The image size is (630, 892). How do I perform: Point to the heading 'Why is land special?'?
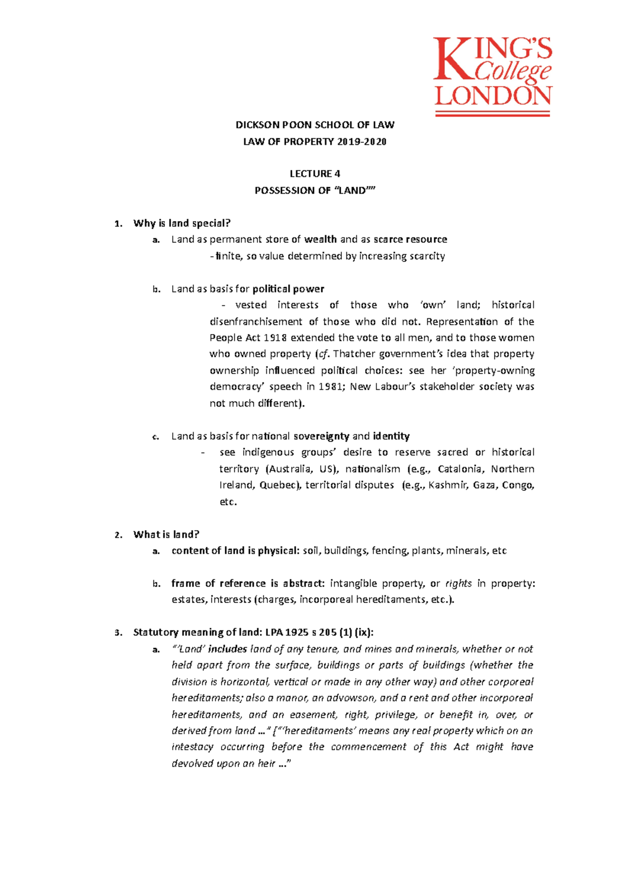[x=182, y=223]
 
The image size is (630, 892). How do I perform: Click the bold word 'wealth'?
[x=320, y=240]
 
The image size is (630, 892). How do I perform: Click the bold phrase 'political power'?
[x=288, y=289]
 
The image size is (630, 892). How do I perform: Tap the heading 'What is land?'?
[x=166, y=535]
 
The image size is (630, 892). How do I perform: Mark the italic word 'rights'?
[x=458, y=584]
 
